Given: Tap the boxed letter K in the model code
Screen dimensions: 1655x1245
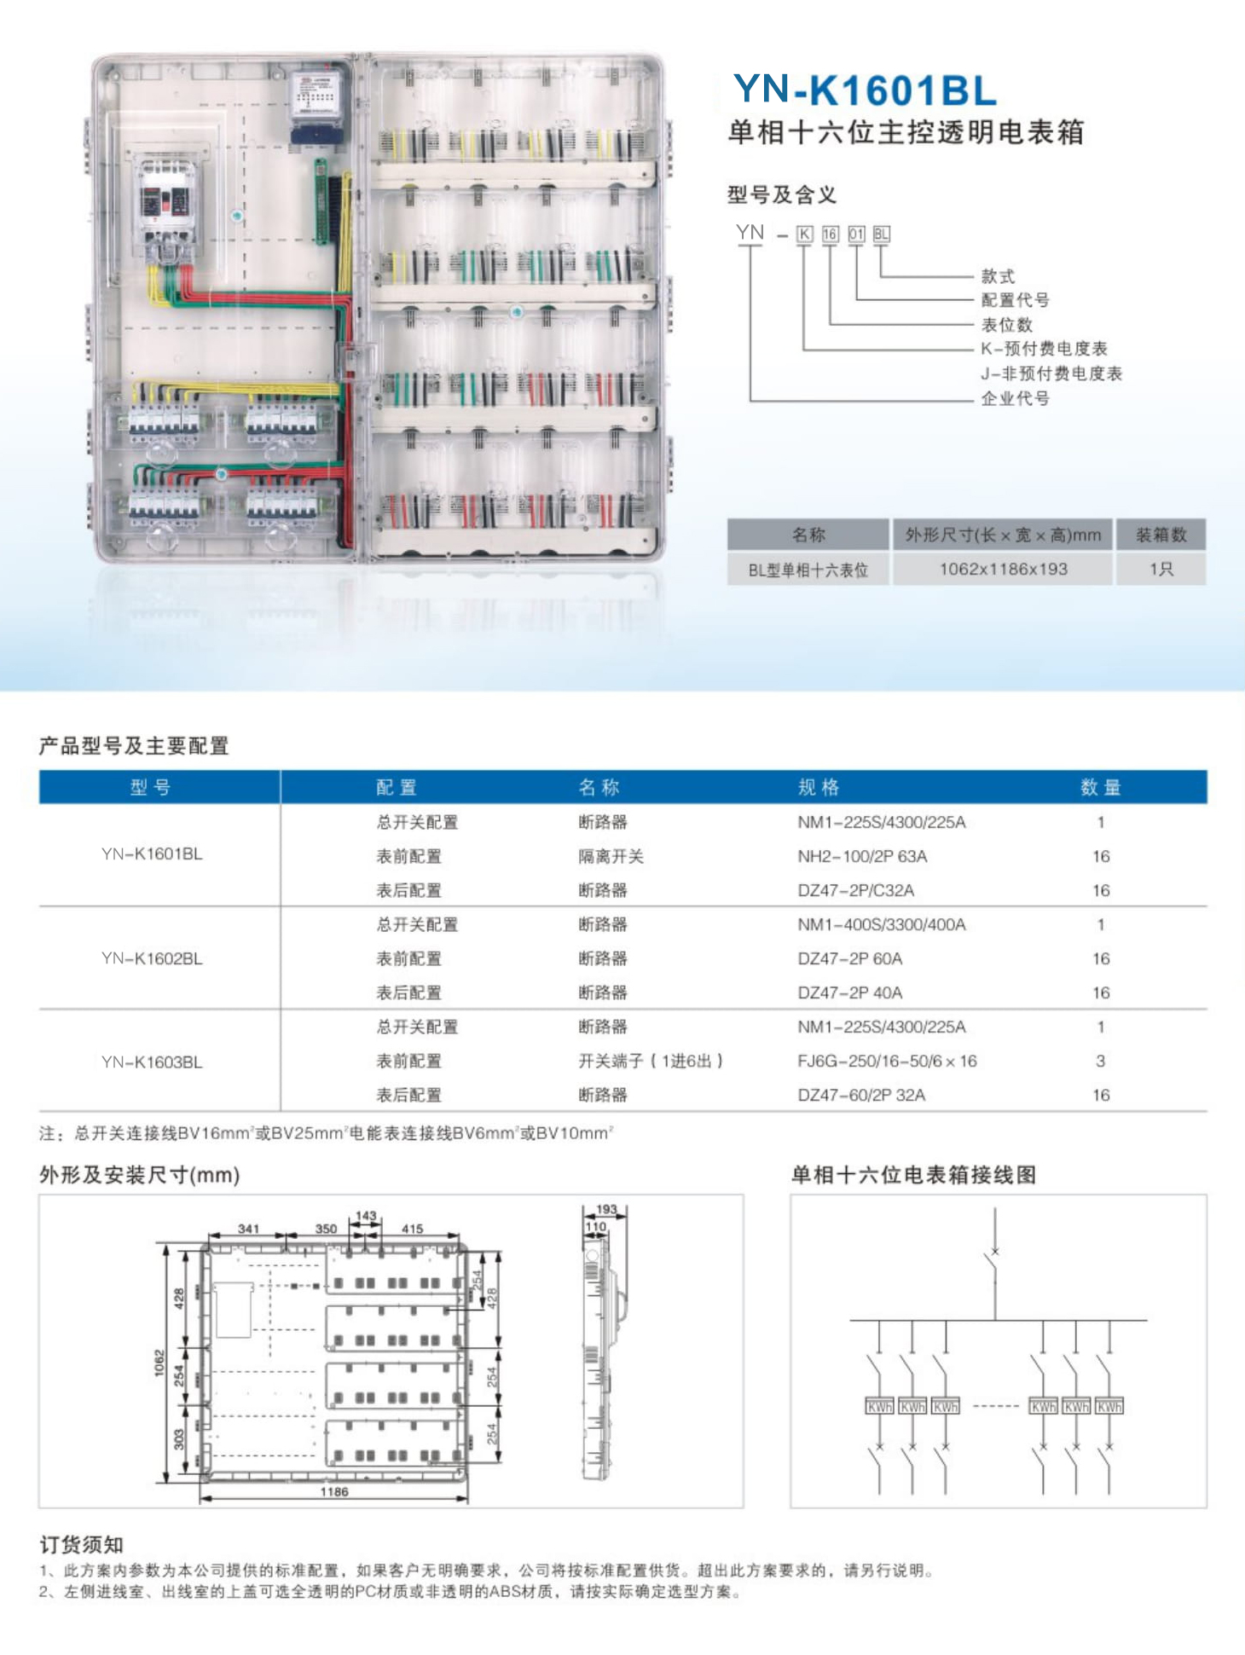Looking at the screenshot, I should [804, 234].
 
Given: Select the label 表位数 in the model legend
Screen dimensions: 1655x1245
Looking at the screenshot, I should [1006, 325].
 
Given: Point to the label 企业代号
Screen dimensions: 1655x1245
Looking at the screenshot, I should [1015, 398].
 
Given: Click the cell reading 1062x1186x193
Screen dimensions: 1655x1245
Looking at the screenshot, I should [1003, 570].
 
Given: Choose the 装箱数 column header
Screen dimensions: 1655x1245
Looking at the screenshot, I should [1161, 535].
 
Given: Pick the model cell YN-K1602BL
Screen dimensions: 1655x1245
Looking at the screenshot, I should [152, 958].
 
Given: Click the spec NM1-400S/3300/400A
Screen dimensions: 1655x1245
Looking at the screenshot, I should [881, 924].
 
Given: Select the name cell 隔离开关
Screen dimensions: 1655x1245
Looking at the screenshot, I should [611, 856].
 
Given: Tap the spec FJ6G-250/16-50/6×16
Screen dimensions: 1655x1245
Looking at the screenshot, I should [887, 1061].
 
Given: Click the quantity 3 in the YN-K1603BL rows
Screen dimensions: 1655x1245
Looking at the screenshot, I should [1100, 1061].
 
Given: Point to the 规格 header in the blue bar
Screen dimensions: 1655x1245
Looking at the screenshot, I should [819, 787].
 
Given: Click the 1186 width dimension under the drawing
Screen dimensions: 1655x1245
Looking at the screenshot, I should [334, 1491].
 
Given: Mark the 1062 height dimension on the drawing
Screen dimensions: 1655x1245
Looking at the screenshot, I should [159, 1362].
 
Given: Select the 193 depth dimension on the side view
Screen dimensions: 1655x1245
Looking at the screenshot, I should [606, 1209].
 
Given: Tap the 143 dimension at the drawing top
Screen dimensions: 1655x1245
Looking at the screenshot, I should [366, 1216].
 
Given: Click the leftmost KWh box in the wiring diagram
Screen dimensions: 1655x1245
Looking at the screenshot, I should [879, 1406].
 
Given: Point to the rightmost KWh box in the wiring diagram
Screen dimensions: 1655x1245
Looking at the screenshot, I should [1109, 1406].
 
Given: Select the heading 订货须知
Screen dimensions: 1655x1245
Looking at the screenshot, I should [82, 1544].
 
